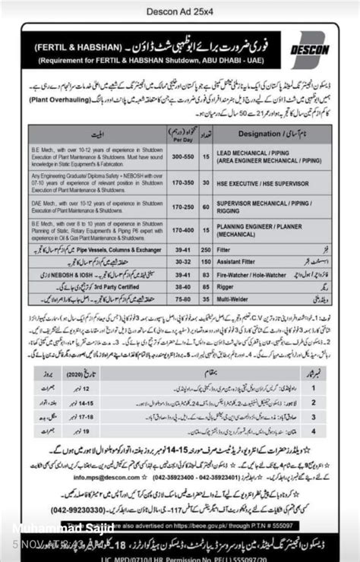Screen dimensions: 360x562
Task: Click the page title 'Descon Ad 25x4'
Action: click(179, 11)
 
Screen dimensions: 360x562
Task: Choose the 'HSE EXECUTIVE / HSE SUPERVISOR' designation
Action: click(261, 184)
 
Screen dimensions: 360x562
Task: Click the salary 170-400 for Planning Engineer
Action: click(182, 230)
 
